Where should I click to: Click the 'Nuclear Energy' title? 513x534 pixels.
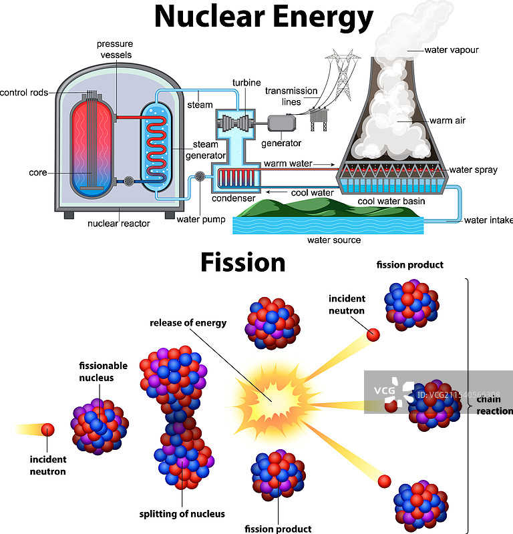click(263, 17)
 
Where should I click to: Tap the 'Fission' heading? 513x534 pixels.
click(242, 262)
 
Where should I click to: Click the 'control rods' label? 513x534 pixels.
click(24, 93)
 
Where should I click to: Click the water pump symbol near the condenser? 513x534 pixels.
click(199, 177)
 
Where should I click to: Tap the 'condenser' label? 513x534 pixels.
click(233, 198)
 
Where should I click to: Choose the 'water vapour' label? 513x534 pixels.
click(452, 49)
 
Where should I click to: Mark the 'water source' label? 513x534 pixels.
click(333, 240)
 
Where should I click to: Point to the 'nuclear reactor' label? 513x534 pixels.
click(119, 224)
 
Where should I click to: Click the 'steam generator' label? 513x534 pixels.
click(205, 150)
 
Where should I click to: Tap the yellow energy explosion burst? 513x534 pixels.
click(270, 398)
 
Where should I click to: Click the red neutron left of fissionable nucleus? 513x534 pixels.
click(47, 430)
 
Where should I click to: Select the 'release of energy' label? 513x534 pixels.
click(188, 323)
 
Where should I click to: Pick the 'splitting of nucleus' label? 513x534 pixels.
click(182, 514)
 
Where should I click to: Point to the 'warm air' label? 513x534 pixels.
click(448, 121)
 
